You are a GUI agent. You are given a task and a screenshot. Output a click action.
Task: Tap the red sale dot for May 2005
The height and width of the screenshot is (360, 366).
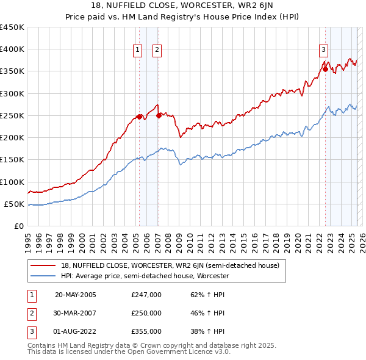point(139,117)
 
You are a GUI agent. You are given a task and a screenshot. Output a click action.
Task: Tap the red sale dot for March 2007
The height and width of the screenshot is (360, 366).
point(159,115)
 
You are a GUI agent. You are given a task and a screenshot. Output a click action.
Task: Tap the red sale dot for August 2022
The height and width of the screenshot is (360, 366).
point(325,69)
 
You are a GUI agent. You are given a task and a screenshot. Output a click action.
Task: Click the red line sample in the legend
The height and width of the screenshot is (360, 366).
point(43,265)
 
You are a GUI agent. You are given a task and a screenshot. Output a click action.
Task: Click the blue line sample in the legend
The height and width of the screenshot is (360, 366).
point(43,276)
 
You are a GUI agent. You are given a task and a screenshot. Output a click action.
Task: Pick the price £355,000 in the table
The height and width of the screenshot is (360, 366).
point(146,331)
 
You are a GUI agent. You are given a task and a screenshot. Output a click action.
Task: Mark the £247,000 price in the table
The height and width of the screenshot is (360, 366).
point(146,295)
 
